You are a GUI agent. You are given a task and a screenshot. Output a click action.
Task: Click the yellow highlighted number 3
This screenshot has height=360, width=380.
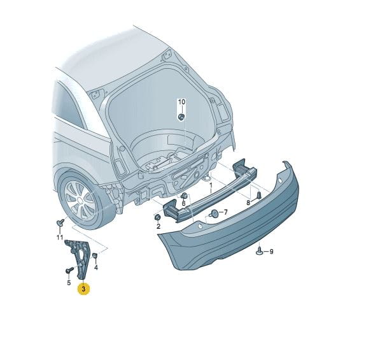83,289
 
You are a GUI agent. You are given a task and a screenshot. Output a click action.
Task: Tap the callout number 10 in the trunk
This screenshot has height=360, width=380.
181,102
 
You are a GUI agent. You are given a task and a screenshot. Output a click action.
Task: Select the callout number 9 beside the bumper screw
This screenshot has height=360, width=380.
271,252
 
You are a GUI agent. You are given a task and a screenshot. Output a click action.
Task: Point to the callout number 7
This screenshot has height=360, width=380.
225,213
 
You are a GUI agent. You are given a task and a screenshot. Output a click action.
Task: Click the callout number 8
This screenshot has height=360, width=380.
248,203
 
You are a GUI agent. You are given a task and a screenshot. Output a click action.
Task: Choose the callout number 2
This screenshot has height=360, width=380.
158,227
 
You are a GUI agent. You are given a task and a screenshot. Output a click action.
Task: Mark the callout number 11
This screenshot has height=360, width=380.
60,237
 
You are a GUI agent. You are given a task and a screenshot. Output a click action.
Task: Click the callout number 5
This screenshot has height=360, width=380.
69,283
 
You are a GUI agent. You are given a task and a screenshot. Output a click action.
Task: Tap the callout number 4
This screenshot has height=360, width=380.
96,268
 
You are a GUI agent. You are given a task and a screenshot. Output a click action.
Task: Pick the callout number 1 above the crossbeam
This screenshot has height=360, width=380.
211,185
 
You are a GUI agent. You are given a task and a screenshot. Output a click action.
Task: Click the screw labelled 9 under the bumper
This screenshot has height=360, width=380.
260,251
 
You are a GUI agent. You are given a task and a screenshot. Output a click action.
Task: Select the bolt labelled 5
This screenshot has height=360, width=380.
70,270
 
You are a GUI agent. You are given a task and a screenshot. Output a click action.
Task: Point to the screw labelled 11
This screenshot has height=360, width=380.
60,222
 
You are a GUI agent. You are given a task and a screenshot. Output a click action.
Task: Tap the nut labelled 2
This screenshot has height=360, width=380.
157,217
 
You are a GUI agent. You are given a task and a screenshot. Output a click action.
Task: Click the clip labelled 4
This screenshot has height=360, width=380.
95,256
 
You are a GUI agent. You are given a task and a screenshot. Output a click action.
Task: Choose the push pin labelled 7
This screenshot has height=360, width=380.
215,213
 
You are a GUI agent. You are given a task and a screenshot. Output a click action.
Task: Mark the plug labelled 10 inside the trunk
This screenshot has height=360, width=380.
181,117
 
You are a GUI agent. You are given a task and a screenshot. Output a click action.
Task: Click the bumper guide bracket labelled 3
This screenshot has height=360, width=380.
80,257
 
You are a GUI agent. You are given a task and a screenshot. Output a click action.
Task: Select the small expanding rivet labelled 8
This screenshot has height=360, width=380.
259,195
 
